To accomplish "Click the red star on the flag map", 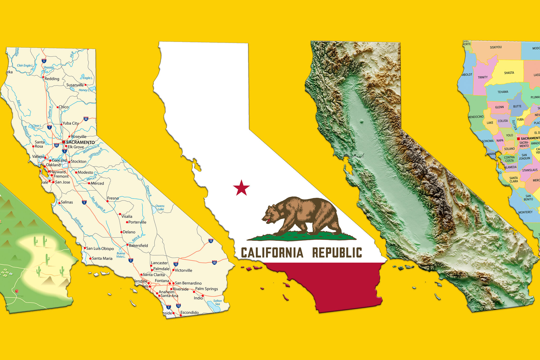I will (x=241, y=188).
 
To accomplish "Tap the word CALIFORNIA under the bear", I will (x=272, y=253).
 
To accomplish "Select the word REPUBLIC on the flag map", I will (x=337, y=253).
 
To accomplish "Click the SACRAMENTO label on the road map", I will (x=80, y=142).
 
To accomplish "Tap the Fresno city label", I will (x=113, y=198).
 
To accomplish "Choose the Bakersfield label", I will (x=138, y=246).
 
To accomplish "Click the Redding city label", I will (x=52, y=79).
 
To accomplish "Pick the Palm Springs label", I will (x=206, y=289).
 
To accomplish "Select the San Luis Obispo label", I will (x=100, y=248).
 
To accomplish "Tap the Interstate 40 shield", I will (x=214, y=262).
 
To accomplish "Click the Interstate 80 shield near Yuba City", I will (x=86, y=119).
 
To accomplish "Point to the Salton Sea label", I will (x=218, y=302).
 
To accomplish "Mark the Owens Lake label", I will (x=160, y=208).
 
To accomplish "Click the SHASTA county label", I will (x=509, y=73).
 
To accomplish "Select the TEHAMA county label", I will (x=503, y=92).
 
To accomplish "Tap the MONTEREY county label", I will (x=525, y=212).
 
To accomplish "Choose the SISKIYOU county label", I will (x=496, y=47).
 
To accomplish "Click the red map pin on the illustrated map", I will (x=17, y=291).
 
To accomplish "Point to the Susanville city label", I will (x=75, y=85).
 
